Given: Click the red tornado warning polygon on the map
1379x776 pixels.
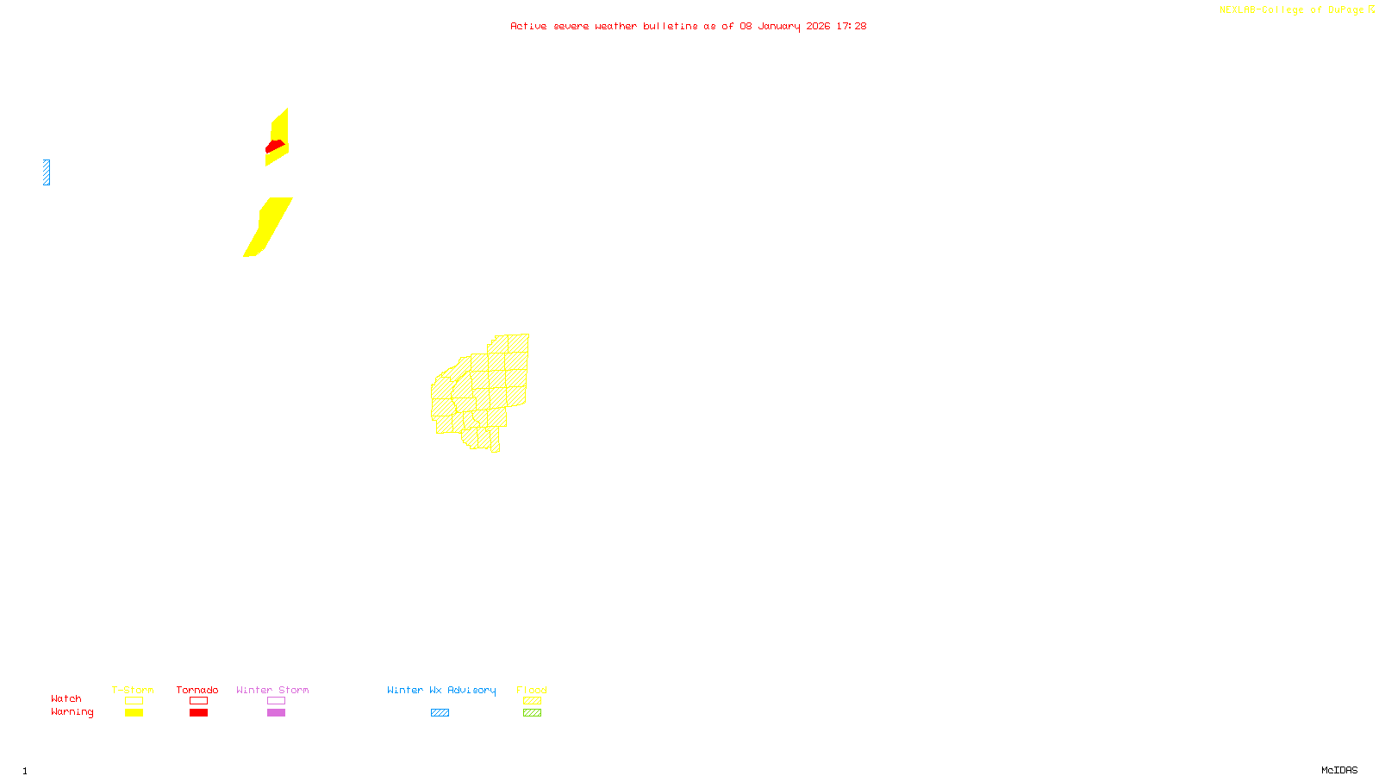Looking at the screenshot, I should pos(275,146).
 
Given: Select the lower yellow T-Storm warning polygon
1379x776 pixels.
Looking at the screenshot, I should pos(269,226).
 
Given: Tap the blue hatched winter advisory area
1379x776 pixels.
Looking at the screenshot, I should pos(47,172).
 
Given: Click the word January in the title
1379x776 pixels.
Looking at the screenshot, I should pos(778,26).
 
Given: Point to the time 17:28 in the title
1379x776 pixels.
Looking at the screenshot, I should pos(851,26).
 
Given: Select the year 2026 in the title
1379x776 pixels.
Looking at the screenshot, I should pos(818,26).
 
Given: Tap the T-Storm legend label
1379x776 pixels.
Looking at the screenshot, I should pos(133,690).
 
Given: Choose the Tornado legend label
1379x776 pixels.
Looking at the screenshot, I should pos(197,690).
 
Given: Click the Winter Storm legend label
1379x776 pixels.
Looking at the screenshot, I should pos(272,690).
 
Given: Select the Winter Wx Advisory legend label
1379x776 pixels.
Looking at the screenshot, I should pos(441,690).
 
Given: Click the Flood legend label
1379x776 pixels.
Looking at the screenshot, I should pos(532,690).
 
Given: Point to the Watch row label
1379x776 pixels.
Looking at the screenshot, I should pos(66,698).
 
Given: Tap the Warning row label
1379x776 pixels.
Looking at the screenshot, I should pos(72,712).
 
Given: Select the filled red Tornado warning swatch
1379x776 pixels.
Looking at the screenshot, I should pos(198,713).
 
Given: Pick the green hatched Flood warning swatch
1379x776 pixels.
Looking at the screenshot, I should pos(533,713).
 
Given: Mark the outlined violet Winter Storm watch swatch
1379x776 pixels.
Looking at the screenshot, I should pos(276,701).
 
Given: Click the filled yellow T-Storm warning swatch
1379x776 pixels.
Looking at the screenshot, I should pos(134,713).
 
